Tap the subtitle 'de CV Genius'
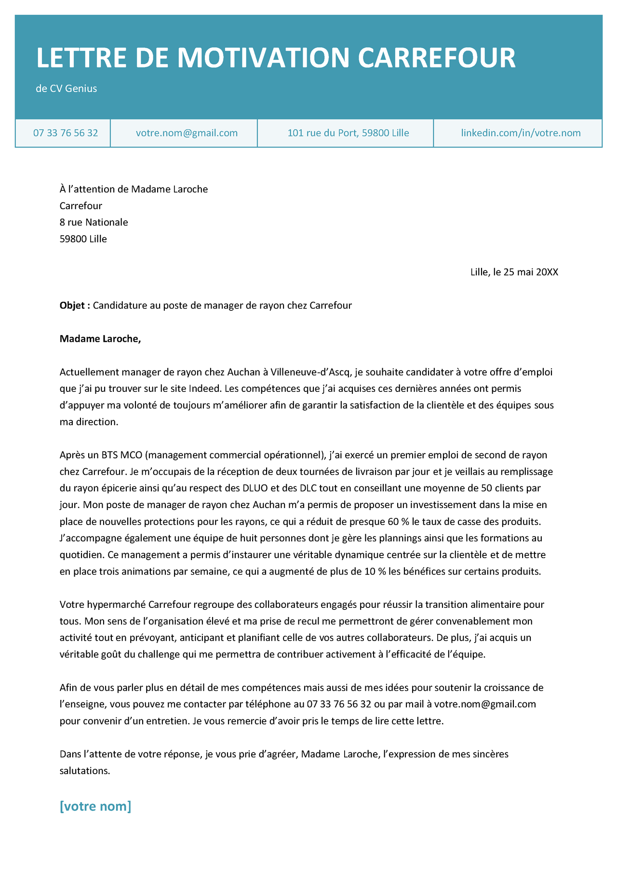pyautogui.click(x=67, y=88)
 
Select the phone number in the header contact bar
pyautogui.click(x=66, y=133)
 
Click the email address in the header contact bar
pyautogui.click(x=187, y=133)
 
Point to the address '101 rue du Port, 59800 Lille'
pyautogui.click(x=348, y=133)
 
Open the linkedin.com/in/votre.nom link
pyautogui.click(x=521, y=133)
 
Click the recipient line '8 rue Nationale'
pyautogui.click(x=94, y=222)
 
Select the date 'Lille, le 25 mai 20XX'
pyautogui.click(x=514, y=272)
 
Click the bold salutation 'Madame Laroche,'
pyautogui.click(x=100, y=338)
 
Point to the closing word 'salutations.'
pyautogui.click(x=85, y=771)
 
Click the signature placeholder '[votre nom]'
pyautogui.click(x=95, y=806)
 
